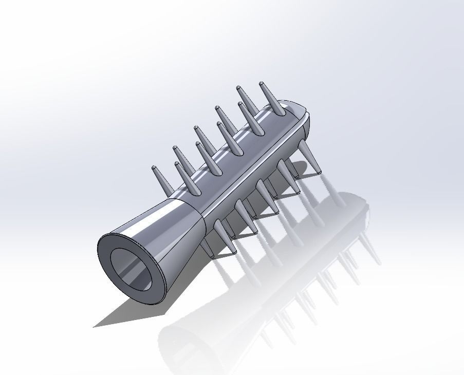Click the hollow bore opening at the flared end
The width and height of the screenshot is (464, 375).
pos(132,270)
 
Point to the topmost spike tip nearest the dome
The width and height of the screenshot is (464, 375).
pos(262,83)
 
